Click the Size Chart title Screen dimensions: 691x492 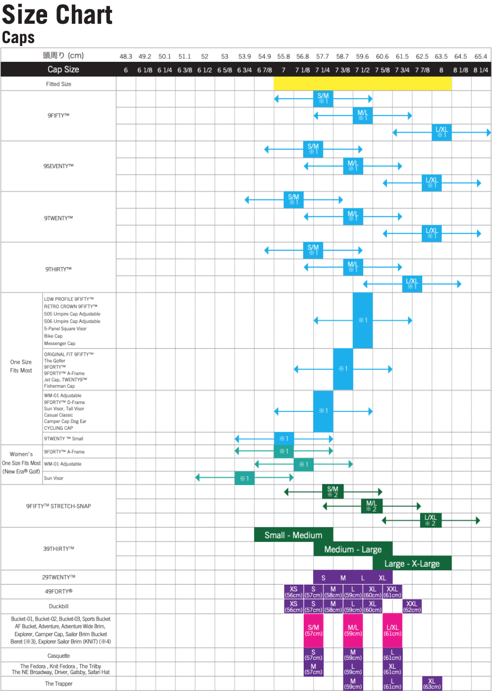click(57, 14)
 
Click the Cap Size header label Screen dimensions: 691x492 click(63, 69)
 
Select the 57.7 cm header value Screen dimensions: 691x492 click(323, 56)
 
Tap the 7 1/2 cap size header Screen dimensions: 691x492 click(362, 70)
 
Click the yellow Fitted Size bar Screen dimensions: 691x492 click(362, 84)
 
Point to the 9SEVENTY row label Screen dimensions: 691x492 click(58, 166)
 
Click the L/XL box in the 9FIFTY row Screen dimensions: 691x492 click(441, 132)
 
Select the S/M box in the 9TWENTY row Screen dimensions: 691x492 click(293, 199)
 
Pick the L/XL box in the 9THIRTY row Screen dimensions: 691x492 click(412, 284)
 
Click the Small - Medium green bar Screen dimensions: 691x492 click(293, 535)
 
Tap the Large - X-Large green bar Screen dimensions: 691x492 click(412, 563)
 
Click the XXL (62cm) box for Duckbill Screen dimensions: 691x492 click(412, 606)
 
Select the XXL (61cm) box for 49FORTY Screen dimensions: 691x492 click(392, 592)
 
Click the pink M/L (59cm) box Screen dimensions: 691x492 click(353, 630)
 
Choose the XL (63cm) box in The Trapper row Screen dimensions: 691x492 click(432, 684)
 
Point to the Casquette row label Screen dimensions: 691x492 click(58, 656)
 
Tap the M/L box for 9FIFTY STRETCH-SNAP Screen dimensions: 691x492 click(372, 506)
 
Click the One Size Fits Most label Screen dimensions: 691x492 click(21, 366)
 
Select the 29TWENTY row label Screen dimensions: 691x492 click(58, 577)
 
